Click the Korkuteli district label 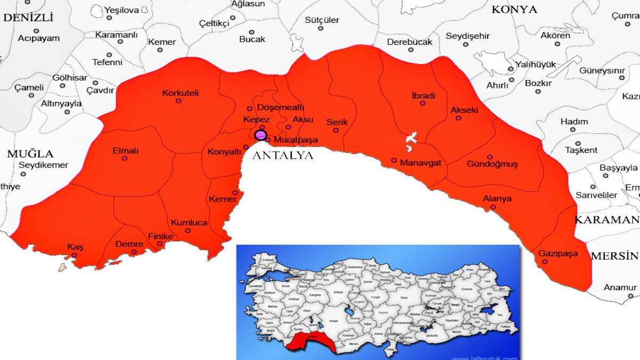[180, 93]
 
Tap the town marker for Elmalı [124, 158]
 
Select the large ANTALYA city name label [282, 156]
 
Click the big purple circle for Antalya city [260, 135]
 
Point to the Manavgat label [420, 163]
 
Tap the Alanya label [497, 199]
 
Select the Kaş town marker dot [74, 255]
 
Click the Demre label [129, 244]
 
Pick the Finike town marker [159, 244]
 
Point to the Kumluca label [189, 223]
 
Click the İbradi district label [423, 96]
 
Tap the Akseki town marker [458, 118]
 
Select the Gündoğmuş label [492, 164]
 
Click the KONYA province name [514, 9]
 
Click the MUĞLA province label [30, 154]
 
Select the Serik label [337, 122]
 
